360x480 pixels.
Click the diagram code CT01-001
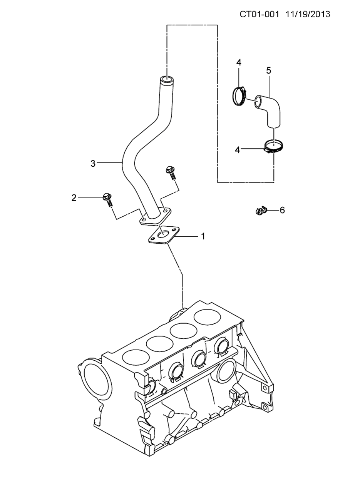pyautogui.click(x=260, y=14)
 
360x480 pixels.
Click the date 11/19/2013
pyautogui.click(x=308, y=14)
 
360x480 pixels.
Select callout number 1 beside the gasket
pyautogui.click(x=203, y=236)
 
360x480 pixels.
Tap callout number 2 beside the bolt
pyautogui.click(x=74, y=198)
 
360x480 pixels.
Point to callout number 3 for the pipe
pyautogui.click(x=93, y=163)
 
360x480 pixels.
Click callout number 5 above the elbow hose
pyautogui.click(x=269, y=70)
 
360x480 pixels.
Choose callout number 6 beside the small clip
pyautogui.click(x=282, y=210)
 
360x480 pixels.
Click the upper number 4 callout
pyautogui.click(x=239, y=62)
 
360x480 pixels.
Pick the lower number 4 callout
pyautogui.click(x=237, y=150)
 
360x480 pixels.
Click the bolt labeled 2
pyautogui.click(x=108, y=199)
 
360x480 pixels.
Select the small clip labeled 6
pyautogui.click(x=261, y=210)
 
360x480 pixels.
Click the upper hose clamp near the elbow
pyautogui.click(x=239, y=96)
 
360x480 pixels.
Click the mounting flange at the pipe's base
pyautogui.click(x=156, y=216)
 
